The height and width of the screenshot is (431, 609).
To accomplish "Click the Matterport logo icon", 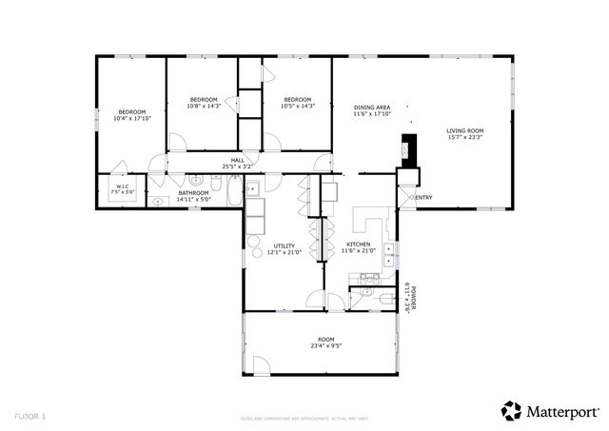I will click(511, 410).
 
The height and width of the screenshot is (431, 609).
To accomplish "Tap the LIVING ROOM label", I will click(466, 130).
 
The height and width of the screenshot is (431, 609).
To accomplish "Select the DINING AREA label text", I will click(372, 108).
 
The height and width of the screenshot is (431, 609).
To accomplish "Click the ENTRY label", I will click(423, 198).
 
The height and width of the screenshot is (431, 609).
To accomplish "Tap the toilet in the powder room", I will click(382, 297).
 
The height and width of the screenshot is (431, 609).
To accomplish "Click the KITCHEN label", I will click(358, 244).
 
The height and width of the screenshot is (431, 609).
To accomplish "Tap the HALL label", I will click(237, 160).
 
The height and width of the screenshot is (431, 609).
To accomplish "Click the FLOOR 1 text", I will click(30, 417).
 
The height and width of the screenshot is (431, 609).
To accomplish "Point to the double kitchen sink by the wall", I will click(388, 252).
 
